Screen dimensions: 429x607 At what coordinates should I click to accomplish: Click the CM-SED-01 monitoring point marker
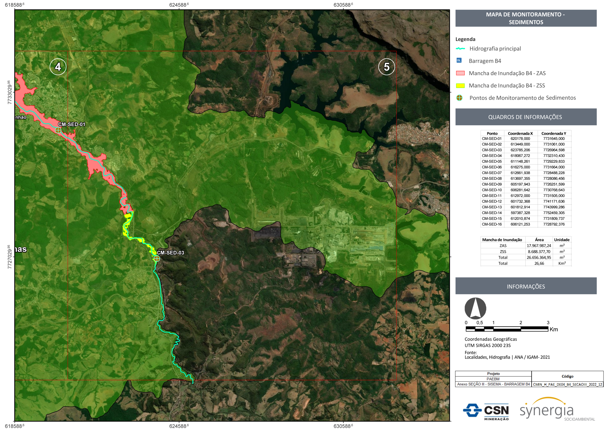pos(58,130)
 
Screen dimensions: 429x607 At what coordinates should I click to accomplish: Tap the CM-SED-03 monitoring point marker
pos(157,259)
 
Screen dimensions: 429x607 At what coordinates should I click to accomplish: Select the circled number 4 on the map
pos(58,67)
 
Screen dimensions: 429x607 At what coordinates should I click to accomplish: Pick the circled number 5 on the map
pos(386,67)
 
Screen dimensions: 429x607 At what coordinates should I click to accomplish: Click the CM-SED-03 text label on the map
pos(170,253)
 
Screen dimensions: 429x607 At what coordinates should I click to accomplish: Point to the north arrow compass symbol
pos(475,308)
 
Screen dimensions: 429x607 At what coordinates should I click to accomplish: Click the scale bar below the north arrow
pos(507,329)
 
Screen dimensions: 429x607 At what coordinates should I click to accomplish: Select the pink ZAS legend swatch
pos(460,73)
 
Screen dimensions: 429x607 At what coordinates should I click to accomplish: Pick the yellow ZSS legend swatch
pos(460,86)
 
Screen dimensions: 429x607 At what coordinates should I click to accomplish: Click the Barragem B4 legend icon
pos(459,61)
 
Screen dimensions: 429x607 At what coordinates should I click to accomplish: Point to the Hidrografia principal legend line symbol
pos(460,49)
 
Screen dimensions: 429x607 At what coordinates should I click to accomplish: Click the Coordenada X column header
pos(520,134)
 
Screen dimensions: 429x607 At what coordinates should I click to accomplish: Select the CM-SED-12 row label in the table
pos(492,201)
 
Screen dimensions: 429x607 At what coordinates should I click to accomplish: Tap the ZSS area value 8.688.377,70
pos(539,252)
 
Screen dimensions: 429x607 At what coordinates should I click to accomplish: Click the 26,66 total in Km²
pos(539,263)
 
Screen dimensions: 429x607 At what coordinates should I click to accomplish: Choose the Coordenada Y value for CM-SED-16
pos(554,224)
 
